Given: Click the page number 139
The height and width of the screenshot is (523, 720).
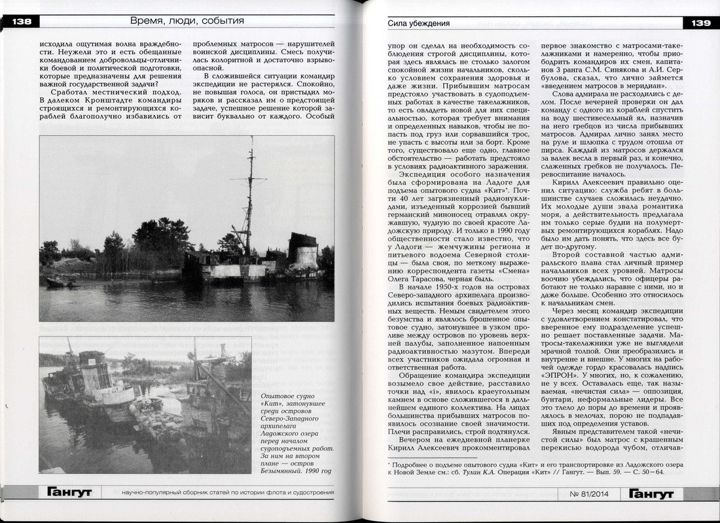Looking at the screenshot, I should [x=700, y=24].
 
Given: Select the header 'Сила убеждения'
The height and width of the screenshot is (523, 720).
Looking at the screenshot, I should [x=419, y=24].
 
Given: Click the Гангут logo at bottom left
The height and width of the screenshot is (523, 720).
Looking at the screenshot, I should [x=68, y=492].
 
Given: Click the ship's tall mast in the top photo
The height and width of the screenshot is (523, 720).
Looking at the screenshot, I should [x=250, y=196].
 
